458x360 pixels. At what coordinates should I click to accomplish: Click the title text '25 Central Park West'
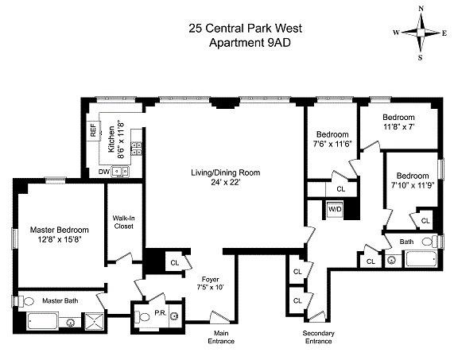tap(245, 29)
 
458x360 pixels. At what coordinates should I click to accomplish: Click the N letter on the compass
tap(421, 9)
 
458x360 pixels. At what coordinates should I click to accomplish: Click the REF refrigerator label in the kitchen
tap(94, 130)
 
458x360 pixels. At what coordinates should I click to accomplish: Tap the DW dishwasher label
tap(103, 171)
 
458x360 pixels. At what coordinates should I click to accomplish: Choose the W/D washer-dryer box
tap(335, 211)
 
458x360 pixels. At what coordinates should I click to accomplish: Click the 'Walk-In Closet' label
tap(122, 222)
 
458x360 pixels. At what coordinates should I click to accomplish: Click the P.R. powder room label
tap(158, 313)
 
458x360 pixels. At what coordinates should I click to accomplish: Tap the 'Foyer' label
tap(210, 278)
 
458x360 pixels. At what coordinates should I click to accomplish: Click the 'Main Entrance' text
tap(223, 337)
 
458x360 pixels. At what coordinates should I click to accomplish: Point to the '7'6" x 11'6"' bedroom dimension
tap(332, 144)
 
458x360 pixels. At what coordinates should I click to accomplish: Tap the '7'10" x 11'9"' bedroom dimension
tap(413, 185)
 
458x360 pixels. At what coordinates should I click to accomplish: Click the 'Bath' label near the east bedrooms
tap(406, 242)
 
